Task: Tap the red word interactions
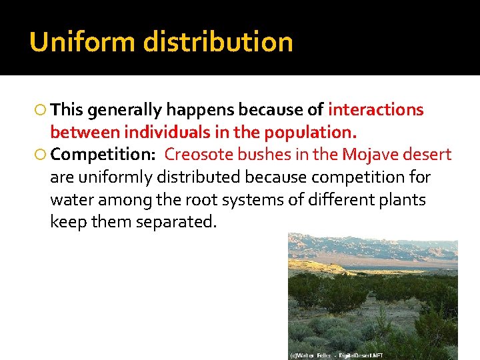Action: (376, 109)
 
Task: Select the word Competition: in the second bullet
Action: (103, 155)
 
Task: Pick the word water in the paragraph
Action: (71, 200)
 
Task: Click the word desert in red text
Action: (430, 155)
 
